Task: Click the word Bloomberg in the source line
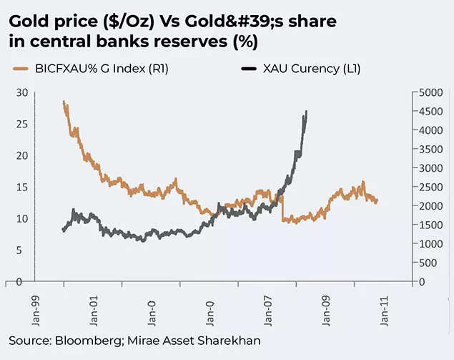click(79, 340)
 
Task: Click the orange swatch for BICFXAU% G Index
click(21, 69)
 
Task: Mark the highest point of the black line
click(307, 112)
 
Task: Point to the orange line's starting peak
click(64, 102)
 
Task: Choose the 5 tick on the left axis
click(24, 250)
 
